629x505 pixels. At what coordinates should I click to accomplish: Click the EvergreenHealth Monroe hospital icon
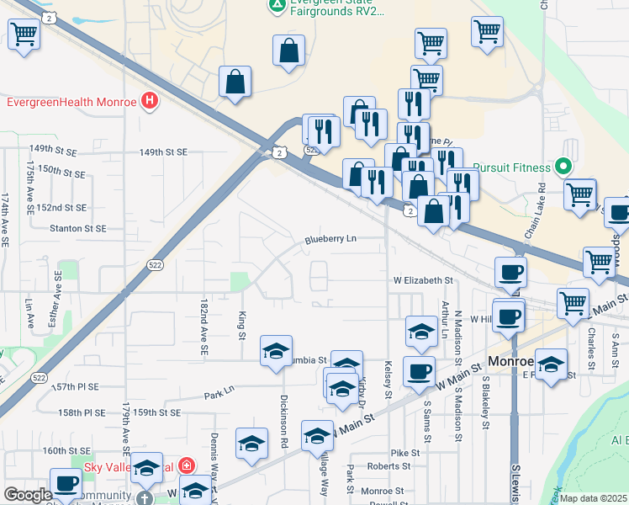pyautogui.click(x=150, y=103)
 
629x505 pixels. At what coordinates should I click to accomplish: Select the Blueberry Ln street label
pyautogui.click(x=331, y=239)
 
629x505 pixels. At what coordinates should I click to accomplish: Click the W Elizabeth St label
pyautogui.click(x=424, y=280)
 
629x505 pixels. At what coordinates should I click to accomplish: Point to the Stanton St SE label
pyautogui.click(x=78, y=228)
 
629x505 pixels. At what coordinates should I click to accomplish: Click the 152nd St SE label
pyautogui.click(x=61, y=207)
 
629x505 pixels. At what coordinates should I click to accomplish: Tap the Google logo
pyautogui.click(x=28, y=495)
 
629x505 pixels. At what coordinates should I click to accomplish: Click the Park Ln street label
pyautogui.click(x=218, y=395)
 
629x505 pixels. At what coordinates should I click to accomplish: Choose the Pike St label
pyautogui.click(x=404, y=453)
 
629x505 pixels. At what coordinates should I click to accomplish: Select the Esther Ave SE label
pyautogui.click(x=58, y=299)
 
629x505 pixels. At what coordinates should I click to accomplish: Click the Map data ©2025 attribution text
pyautogui.click(x=594, y=498)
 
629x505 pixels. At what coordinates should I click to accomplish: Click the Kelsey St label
pyautogui.click(x=388, y=381)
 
